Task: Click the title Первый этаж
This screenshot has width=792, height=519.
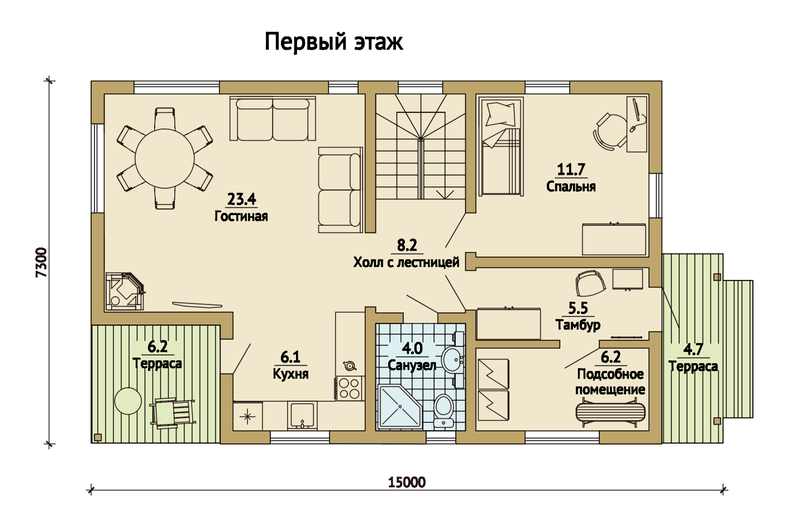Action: click(x=333, y=42)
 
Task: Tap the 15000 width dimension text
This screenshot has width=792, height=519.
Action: click(x=407, y=482)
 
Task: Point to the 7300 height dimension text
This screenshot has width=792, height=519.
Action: click(x=41, y=263)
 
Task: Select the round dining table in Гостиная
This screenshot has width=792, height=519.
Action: click(x=164, y=159)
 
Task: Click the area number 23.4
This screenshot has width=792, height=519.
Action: click(x=241, y=199)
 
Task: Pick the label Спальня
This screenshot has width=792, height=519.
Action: click(x=571, y=187)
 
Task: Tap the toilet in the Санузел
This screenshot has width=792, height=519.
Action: click(x=443, y=411)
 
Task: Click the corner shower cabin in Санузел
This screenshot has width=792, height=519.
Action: click(x=399, y=407)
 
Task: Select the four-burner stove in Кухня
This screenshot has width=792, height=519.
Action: click(x=350, y=388)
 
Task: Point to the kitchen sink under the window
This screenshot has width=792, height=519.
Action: click(x=302, y=416)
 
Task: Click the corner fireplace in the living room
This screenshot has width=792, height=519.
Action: click(x=125, y=291)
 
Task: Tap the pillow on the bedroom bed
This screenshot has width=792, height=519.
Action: click(x=500, y=114)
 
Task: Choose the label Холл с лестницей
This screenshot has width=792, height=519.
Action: click(x=406, y=263)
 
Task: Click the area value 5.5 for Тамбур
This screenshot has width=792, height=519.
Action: click(x=578, y=308)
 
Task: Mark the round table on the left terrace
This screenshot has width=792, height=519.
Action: click(x=128, y=401)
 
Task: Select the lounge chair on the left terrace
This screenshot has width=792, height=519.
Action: click(x=173, y=413)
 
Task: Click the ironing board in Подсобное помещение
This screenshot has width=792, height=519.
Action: click(x=610, y=412)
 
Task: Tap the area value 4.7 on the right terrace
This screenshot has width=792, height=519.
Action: click(x=693, y=349)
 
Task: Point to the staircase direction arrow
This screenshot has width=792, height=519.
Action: click(x=445, y=194)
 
